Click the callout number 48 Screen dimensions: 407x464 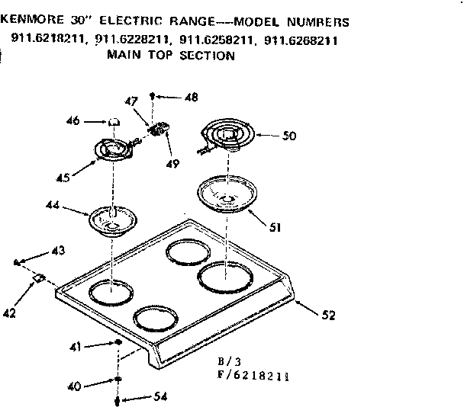pos(191,97)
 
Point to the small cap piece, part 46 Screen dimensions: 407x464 pos(113,120)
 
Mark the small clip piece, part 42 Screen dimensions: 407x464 pos(37,280)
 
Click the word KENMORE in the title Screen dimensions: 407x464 pos(38,22)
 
